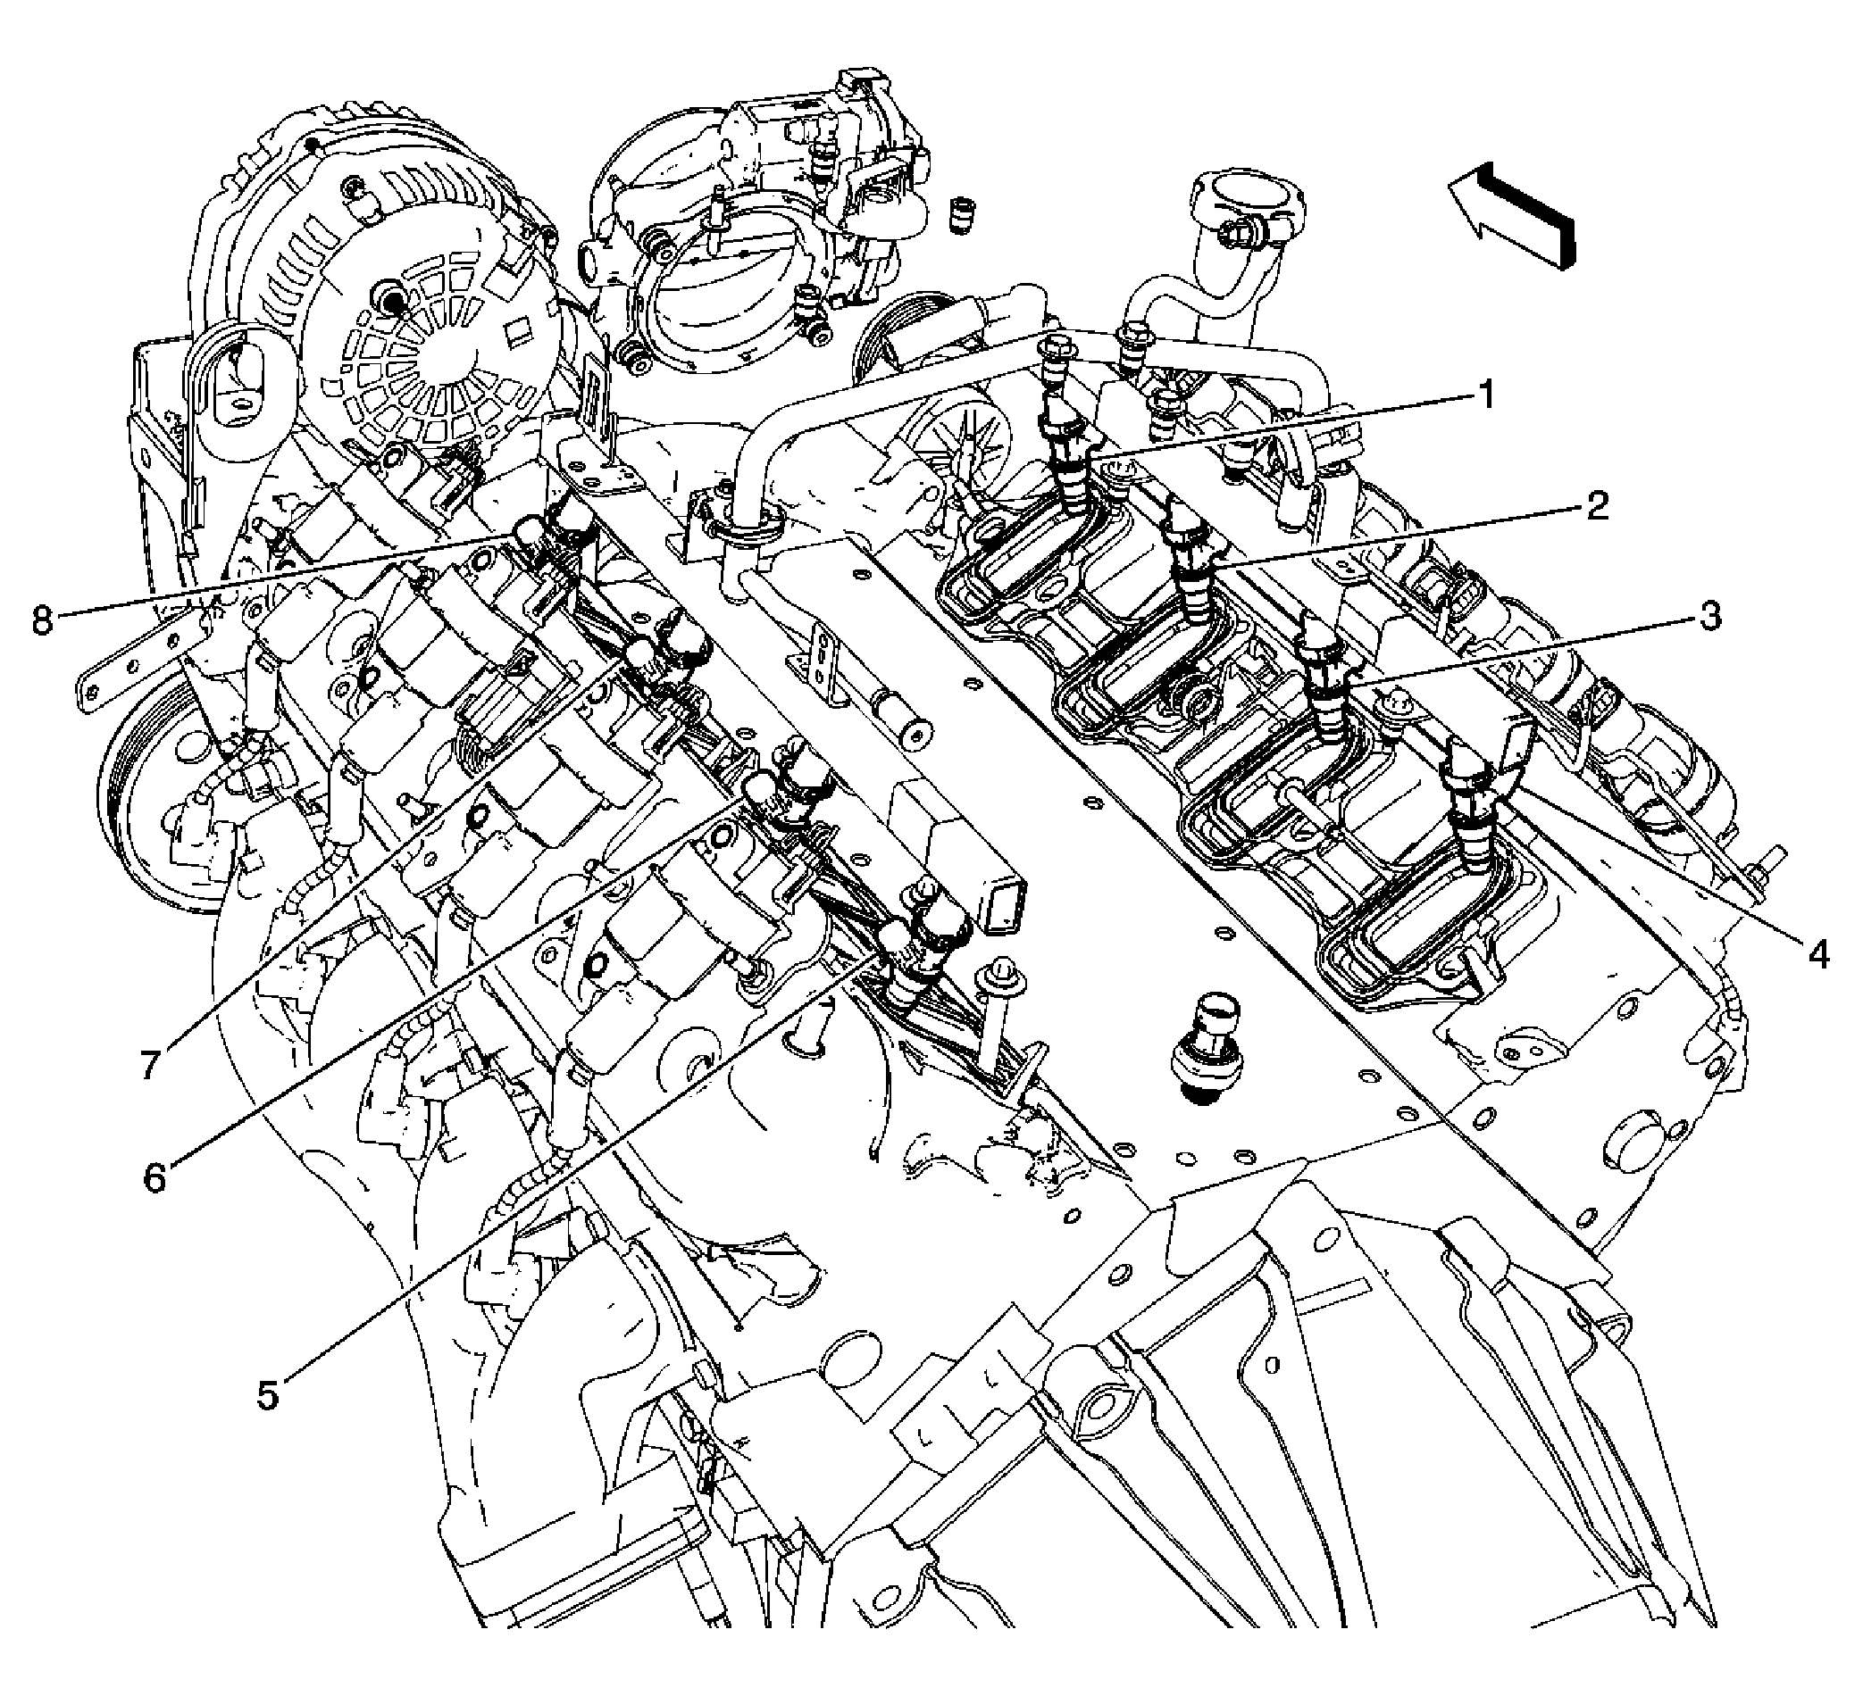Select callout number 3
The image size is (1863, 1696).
[x=1709, y=616]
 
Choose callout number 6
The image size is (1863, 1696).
[x=154, y=1178]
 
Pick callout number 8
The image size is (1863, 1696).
[x=43, y=619]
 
